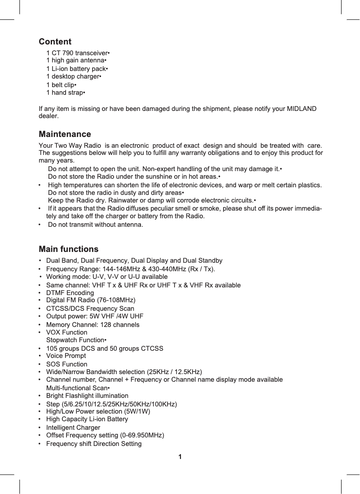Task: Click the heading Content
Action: click(x=55, y=42)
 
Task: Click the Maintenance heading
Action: click(x=65, y=134)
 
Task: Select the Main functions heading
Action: click(x=69, y=249)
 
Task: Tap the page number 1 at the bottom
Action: click(x=180, y=457)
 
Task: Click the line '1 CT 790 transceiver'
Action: click(x=78, y=53)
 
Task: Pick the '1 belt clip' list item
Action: click(x=61, y=85)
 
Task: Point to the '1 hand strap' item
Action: click(x=66, y=93)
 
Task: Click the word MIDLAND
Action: click(x=301, y=109)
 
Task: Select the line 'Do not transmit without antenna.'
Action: click(x=95, y=224)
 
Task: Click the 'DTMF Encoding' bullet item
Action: click(x=70, y=293)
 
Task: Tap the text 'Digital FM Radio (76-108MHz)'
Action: click(x=91, y=300)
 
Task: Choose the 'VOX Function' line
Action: click(x=67, y=332)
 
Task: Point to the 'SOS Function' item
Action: click(x=67, y=364)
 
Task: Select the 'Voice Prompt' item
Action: click(x=66, y=356)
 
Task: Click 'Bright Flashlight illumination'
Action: click(x=87, y=396)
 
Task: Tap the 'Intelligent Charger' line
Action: click(x=73, y=428)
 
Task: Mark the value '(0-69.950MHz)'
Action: click(x=142, y=435)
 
